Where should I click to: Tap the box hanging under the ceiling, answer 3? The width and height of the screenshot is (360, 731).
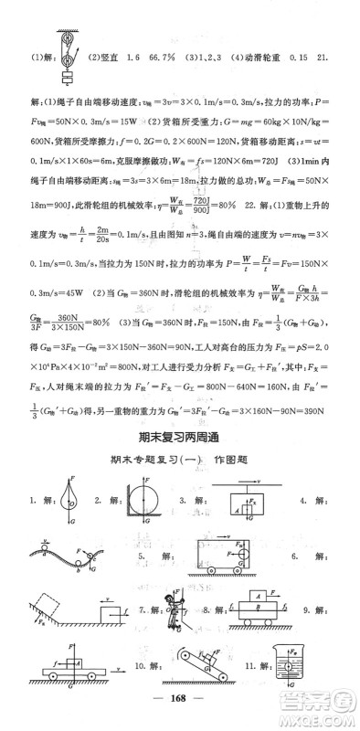tap(242, 506)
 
